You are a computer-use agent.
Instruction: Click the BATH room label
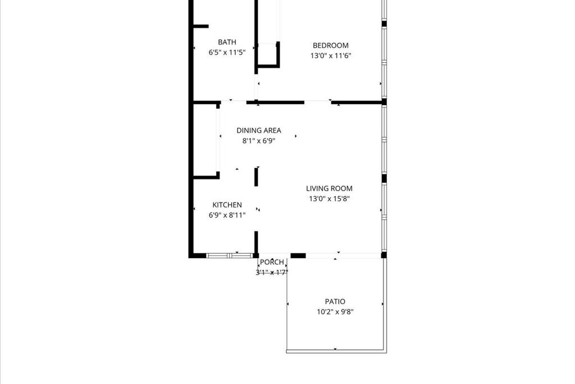click(x=227, y=42)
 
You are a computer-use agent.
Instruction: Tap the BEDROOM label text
click(x=330, y=45)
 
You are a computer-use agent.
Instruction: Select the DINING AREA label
click(x=258, y=130)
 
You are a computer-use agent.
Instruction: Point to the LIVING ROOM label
click(x=329, y=188)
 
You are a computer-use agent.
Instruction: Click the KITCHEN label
click(x=227, y=205)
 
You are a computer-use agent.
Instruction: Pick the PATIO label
click(x=335, y=301)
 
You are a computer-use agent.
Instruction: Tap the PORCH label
click(x=272, y=262)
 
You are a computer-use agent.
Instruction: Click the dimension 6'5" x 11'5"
click(x=227, y=52)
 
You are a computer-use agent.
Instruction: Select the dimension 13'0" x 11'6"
click(x=331, y=56)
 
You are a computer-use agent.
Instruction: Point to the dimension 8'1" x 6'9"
click(x=258, y=141)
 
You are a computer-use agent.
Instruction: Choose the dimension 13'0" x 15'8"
click(x=329, y=198)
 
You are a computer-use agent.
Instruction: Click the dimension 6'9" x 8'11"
click(x=227, y=215)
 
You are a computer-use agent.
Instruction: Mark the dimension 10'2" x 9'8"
click(x=335, y=311)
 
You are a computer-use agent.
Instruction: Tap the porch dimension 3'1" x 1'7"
click(x=272, y=272)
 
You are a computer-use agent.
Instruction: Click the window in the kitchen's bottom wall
click(x=230, y=255)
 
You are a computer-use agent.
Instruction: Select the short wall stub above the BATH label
click(x=200, y=26)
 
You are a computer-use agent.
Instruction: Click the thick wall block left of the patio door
click(x=298, y=255)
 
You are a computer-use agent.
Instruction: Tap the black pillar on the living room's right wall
click(x=384, y=178)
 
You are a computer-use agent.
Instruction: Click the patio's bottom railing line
click(x=336, y=351)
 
